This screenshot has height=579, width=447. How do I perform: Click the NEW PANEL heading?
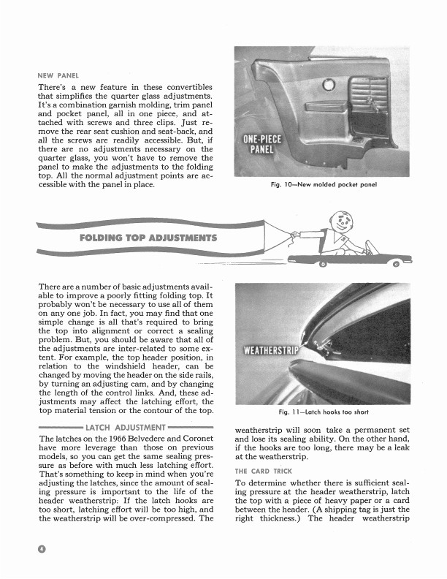click(x=58, y=75)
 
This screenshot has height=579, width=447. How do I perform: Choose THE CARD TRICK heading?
click(x=264, y=472)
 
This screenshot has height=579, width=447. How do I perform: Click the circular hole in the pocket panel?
click(x=328, y=85)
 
